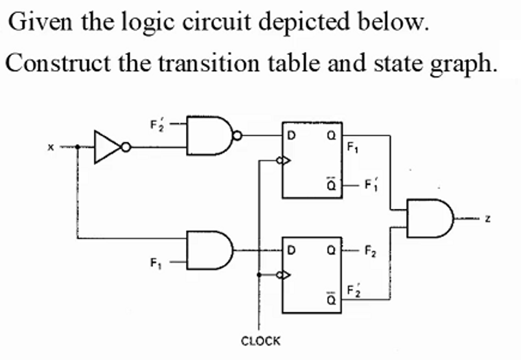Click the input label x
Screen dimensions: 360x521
point(49,146)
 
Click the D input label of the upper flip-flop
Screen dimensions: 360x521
point(291,136)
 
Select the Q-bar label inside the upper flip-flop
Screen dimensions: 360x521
point(330,184)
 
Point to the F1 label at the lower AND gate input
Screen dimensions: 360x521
point(155,262)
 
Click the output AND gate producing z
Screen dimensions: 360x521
point(430,216)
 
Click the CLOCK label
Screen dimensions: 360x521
point(261,341)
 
